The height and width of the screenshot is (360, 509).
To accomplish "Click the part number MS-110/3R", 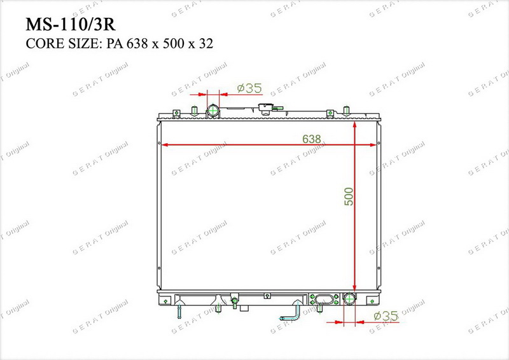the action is [71, 24].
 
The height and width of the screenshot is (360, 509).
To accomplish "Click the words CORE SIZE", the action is [64, 43].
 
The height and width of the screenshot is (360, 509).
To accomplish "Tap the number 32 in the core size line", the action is [206, 43].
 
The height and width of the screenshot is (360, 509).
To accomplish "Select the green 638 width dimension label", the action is [311, 139].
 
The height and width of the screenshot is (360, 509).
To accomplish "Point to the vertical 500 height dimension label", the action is [349, 197].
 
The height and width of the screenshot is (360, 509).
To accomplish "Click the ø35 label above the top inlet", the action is [249, 88].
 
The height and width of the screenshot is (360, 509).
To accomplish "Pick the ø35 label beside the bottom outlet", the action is [386, 315].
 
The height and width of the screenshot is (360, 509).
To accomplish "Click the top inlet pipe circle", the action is [213, 111].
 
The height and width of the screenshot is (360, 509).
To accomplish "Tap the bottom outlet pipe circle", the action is [349, 299].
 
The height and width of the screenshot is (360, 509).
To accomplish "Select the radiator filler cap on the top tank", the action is [266, 108].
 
